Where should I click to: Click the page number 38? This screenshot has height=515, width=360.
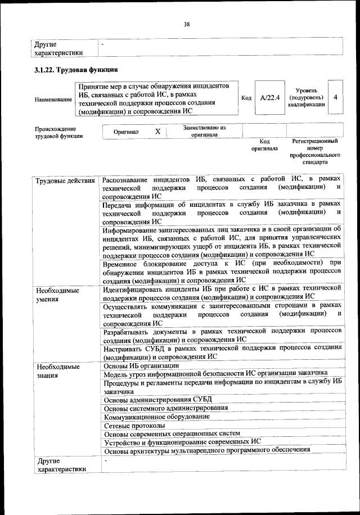click(186, 24)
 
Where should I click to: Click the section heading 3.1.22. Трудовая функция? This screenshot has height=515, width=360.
click(75, 70)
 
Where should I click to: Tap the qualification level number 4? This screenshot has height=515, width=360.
click(335, 97)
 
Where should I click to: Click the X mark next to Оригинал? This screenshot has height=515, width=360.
click(157, 131)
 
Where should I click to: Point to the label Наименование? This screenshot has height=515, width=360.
click(53, 100)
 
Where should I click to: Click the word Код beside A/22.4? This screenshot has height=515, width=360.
click(246, 98)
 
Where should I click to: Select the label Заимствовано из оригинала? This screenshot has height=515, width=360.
click(204, 131)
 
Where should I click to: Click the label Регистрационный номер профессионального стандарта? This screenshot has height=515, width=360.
click(315, 151)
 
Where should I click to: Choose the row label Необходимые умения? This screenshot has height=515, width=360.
click(57, 295)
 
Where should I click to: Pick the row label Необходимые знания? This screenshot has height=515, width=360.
click(57, 371)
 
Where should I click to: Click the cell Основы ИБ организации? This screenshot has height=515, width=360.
click(137, 367)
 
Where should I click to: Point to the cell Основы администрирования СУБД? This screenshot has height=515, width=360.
click(154, 400)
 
